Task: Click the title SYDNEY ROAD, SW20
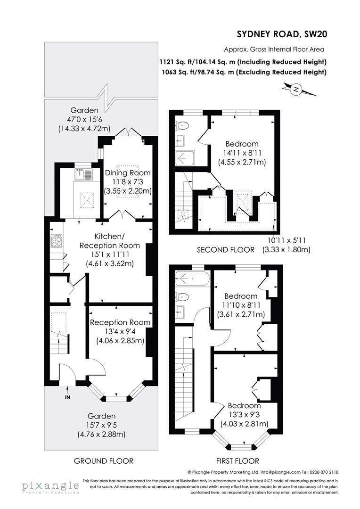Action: pos(282,33)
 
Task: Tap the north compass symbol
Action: pos(295,89)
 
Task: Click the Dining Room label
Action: pos(127,173)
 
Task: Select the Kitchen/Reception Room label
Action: pos(109,240)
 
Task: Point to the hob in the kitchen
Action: pos(56,241)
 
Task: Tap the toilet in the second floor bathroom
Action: pos(182,126)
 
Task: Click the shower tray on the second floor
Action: pos(184,157)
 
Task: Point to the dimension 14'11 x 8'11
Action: pos(242,153)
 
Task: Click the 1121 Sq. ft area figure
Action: pos(175,62)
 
